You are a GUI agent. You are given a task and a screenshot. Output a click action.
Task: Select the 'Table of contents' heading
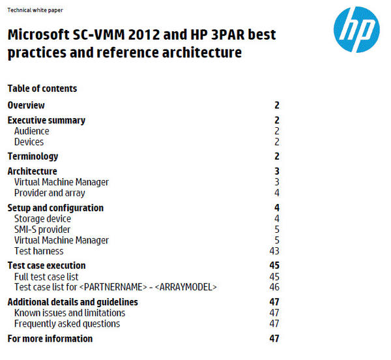(42, 89)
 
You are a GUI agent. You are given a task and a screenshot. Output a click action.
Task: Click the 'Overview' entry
(26, 105)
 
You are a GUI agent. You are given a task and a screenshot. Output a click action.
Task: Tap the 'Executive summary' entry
(46, 120)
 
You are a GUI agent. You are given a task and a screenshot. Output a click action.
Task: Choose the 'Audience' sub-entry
(31, 131)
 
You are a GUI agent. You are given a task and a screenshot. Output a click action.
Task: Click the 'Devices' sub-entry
(29, 142)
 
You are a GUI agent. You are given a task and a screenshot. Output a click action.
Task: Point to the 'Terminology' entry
(33, 157)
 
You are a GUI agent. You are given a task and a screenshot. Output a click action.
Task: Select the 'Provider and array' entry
(50, 193)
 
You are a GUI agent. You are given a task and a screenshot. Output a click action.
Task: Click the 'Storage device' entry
(42, 218)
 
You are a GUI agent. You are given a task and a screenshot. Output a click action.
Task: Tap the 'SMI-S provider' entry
(42, 230)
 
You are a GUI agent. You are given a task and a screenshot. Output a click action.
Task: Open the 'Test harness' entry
(38, 251)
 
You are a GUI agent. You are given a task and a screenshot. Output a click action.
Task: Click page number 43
(274, 251)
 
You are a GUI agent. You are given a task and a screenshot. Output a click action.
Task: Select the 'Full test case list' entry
(46, 277)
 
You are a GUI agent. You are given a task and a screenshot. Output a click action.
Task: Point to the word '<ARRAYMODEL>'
(186, 287)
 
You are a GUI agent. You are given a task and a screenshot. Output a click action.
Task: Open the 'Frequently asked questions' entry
(67, 323)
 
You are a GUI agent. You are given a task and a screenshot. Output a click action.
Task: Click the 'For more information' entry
(50, 338)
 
